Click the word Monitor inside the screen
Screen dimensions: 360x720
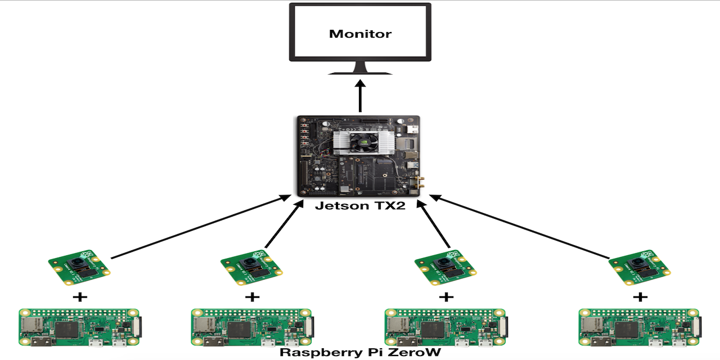click(360, 34)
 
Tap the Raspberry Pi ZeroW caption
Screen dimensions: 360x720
click(360, 353)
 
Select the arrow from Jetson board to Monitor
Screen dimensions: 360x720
click(360, 96)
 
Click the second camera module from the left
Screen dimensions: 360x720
click(251, 266)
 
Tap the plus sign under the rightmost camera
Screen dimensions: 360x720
click(640, 296)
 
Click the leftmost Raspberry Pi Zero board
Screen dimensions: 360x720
click(79, 327)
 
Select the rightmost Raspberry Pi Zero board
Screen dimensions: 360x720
click(639, 327)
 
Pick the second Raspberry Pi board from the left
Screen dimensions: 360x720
click(251, 327)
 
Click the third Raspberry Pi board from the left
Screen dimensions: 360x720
click(445, 327)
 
